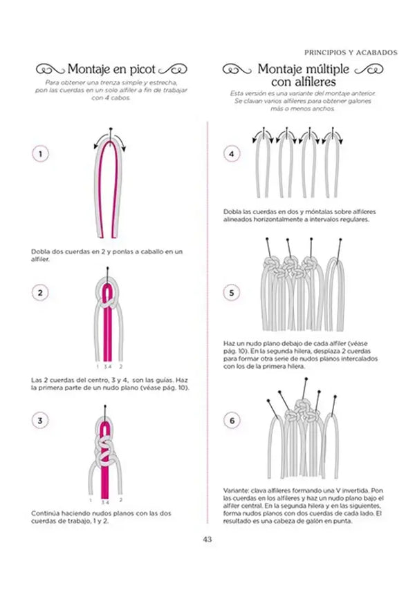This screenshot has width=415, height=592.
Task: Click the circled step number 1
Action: click(40, 153)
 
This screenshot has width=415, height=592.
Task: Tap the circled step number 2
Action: click(40, 293)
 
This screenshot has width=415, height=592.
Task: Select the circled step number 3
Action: click(40, 420)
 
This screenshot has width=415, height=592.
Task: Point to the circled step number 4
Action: click(231, 153)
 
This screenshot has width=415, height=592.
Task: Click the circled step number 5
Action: click(231, 293)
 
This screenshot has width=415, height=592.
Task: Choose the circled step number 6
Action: click(232, 420)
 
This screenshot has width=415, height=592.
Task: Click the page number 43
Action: click(207, 539)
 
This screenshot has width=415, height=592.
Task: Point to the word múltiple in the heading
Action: click(328, 69)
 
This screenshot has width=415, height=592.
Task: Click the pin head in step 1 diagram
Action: click(111, 129)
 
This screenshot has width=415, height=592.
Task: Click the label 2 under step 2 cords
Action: click(120, 366)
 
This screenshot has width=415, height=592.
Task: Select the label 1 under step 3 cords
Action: click(91, 500)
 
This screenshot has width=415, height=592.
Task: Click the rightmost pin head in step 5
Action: click(340, 240)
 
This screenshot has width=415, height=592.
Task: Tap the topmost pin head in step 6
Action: click(306, 379)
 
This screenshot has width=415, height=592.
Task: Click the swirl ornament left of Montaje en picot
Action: click(50, 70)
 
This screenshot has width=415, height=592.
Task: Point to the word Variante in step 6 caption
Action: click(235, 491)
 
